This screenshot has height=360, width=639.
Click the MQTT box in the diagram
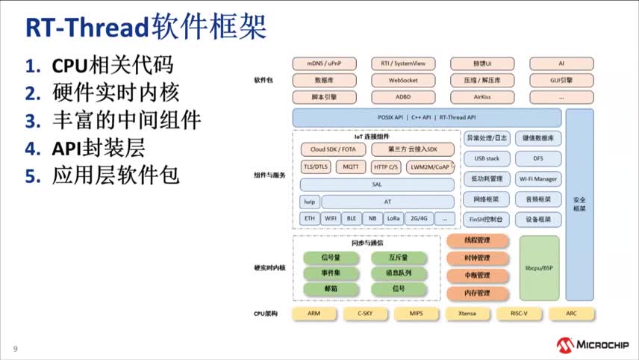tap(351, 167)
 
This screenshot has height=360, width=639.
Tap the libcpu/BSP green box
tap(539, 267)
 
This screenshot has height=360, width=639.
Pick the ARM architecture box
tap(314, 314)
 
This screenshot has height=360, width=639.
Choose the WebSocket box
tap(402, 80)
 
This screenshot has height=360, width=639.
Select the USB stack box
tap(487, 158)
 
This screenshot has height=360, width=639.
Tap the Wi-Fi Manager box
tap(538, 179)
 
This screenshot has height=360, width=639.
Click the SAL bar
tap(376, 184)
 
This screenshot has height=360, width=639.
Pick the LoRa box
tap(393, 218)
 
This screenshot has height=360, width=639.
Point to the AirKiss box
tap(481, 96)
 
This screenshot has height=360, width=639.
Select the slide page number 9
tap(14, 349)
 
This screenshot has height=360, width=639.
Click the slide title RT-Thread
tap(87, 28)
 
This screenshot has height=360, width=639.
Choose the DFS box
tap(538, 158)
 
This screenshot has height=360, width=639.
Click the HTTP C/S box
tap(385, 167)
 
